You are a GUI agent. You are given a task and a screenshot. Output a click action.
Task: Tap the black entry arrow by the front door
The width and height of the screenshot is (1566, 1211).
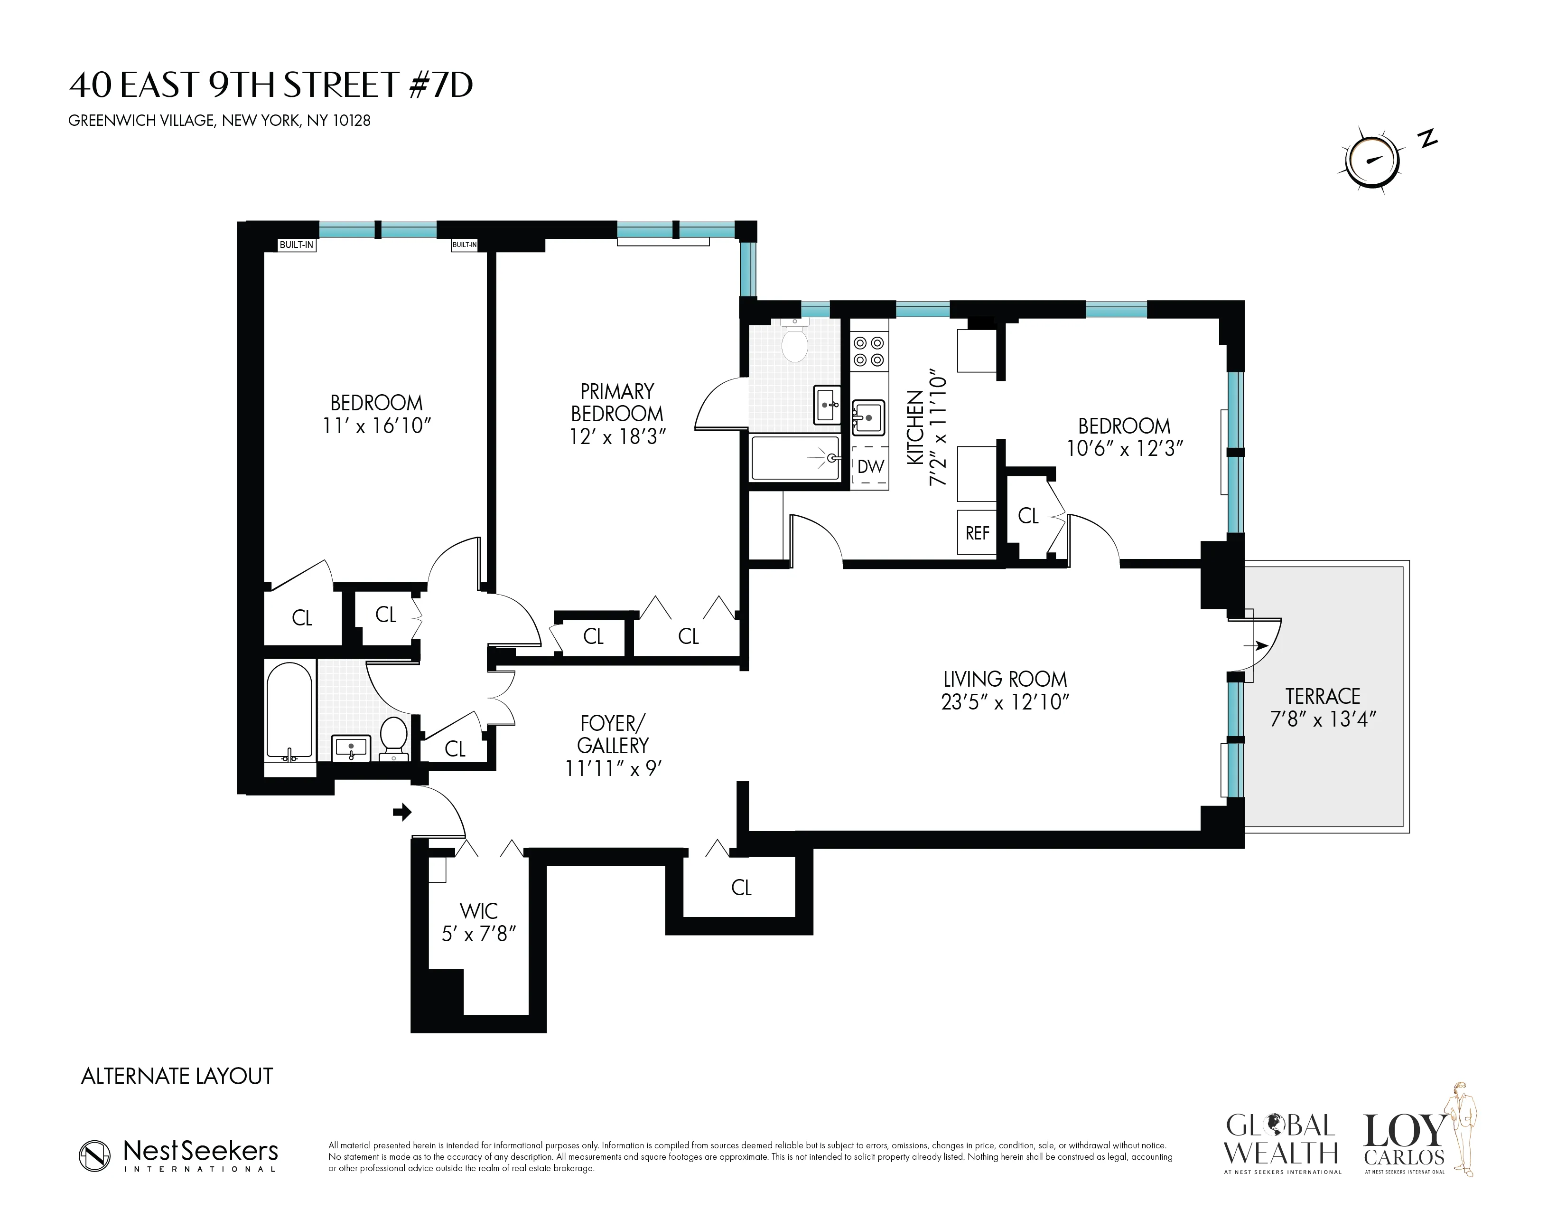coord(402,812)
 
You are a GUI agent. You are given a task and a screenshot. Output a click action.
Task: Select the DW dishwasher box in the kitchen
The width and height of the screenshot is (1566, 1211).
coord(870,466)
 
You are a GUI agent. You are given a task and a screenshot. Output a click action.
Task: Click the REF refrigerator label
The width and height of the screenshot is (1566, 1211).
coord(977,533)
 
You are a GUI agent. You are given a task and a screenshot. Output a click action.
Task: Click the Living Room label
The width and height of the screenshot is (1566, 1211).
coord(1005,679)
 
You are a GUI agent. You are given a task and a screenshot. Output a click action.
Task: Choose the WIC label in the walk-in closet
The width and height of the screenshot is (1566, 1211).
coord(478,911)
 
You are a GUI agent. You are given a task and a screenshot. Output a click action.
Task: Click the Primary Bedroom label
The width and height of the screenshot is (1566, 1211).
coord(616,402)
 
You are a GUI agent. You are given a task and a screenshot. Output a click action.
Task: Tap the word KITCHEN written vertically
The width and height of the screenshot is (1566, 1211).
coord(914,427)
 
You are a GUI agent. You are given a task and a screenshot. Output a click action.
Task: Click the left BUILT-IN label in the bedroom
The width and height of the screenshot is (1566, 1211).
coord(296,245)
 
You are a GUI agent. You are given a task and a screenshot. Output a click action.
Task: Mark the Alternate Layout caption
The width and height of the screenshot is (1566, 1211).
coord(177,1076)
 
